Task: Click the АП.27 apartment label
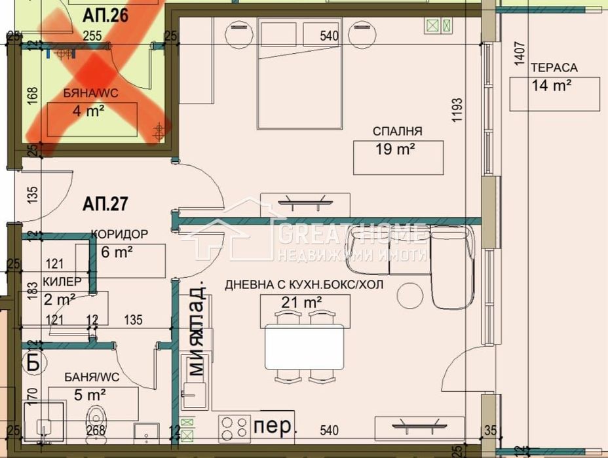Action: pyautogui.click(x=104, y=204)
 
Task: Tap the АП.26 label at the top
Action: pyautogui.click(x=105, y=14)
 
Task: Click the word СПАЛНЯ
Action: pyautogui.click(x=397, y=130)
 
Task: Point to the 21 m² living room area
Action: pyautogui.click(x=304, y=303)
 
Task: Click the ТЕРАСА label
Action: pyautogui.click(x=554, y=67)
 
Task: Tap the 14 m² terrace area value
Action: pyautogui.click(x=552, y=85)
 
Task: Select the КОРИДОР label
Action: pyautogui.click(x=119, y=234)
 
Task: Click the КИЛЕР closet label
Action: pyautogui.click(x=62, y=281)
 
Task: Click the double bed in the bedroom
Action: pyautogui.click(x=299, y=73)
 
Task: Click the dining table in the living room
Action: pyautogui.click(x=305, y=347)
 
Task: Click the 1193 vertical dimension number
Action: pyautogui.click(x=457, y=111)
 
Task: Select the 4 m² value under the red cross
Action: pyautogui.click(x=88, y=111)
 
